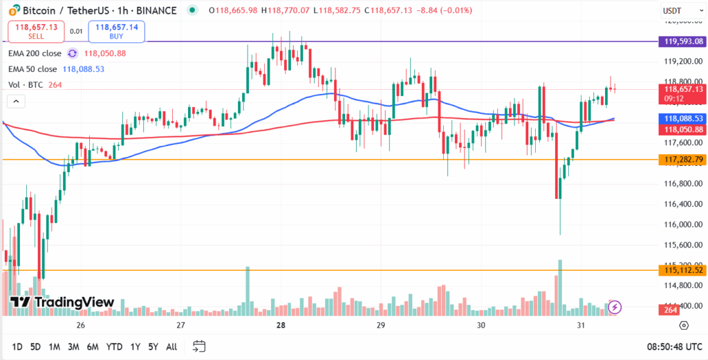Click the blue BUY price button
(x=117, y=31)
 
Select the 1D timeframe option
(x=17, y=346)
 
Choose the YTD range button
(x=115, y=346)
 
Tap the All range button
(x=171, y=346)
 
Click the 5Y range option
(x=153, y=346)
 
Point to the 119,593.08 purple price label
(x=683, y=41)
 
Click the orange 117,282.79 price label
(x=683, y=160)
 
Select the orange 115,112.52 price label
(x=683, y=270)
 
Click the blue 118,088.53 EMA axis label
(x=683, y=119)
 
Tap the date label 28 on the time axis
(x=281, y=325)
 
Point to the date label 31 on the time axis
(x=581, y=325)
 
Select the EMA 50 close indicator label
(x=32, y=69)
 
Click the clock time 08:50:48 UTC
(x=673, y=346)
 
